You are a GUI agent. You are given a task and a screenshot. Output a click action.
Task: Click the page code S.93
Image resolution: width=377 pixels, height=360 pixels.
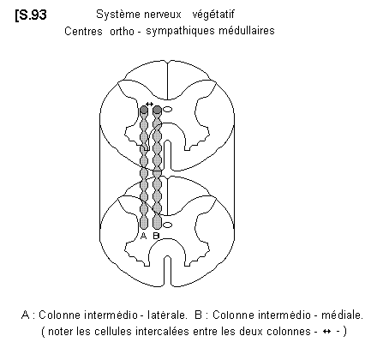[x=31, y=15]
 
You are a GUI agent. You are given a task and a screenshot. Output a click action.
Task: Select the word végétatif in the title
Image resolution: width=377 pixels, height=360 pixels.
[x=213, y=15]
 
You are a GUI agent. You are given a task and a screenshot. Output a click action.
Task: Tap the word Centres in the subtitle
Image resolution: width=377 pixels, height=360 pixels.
[x=83, y=31]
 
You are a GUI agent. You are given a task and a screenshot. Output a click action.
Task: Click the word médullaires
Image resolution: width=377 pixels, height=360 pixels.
[x=247, y=30]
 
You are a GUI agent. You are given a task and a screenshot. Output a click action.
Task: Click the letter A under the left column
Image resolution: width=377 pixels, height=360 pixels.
[x=144, y=236]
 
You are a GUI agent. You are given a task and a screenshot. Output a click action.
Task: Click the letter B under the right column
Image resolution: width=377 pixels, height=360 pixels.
[x=156, y=236]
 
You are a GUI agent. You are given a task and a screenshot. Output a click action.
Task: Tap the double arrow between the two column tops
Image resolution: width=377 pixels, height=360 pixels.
[x=149, y=104]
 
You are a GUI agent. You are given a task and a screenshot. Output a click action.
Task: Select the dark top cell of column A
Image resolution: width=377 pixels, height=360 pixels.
[x=144, y=110]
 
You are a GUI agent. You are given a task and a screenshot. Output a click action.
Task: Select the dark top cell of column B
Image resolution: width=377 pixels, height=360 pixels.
[x=157, y=110]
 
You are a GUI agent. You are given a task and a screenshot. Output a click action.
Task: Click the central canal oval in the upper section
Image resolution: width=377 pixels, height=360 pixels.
[x=167, y=109]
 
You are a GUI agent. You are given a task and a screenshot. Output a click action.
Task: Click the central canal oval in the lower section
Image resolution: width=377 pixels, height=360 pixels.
[x=167, y=225]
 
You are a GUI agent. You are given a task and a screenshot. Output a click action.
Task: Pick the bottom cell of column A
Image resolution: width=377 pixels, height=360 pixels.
[x=144, y=223]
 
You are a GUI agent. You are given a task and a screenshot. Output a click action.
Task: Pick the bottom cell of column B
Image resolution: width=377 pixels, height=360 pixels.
[x=157, y=223]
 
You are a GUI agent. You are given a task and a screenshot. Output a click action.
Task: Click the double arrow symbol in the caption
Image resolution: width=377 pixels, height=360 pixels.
[x=326, y=332]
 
